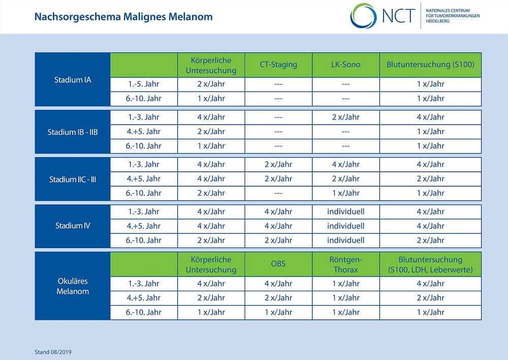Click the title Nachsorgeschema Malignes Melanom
point(123,17)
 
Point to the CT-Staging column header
point(278,65)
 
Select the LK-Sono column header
point(345,65)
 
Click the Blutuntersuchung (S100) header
point(430,65)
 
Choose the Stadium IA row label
point(73,80)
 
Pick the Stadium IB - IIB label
point(73,132)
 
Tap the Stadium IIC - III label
point(73,179)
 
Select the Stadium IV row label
point(73,226)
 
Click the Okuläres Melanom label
point(73,286)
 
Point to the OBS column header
point(278,264)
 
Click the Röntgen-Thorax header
point(345,264)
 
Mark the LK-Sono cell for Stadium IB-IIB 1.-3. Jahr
point(345,117)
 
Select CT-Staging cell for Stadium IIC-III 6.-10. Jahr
point(278,193)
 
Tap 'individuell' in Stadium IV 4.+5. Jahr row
point(345,226)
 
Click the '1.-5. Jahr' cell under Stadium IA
point(144,84)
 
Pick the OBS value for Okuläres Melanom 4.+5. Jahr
point(278,298)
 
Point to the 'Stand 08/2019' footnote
point(53,352)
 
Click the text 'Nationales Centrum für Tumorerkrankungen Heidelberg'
point(453,16)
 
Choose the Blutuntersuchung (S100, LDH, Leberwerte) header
point(430,264)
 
